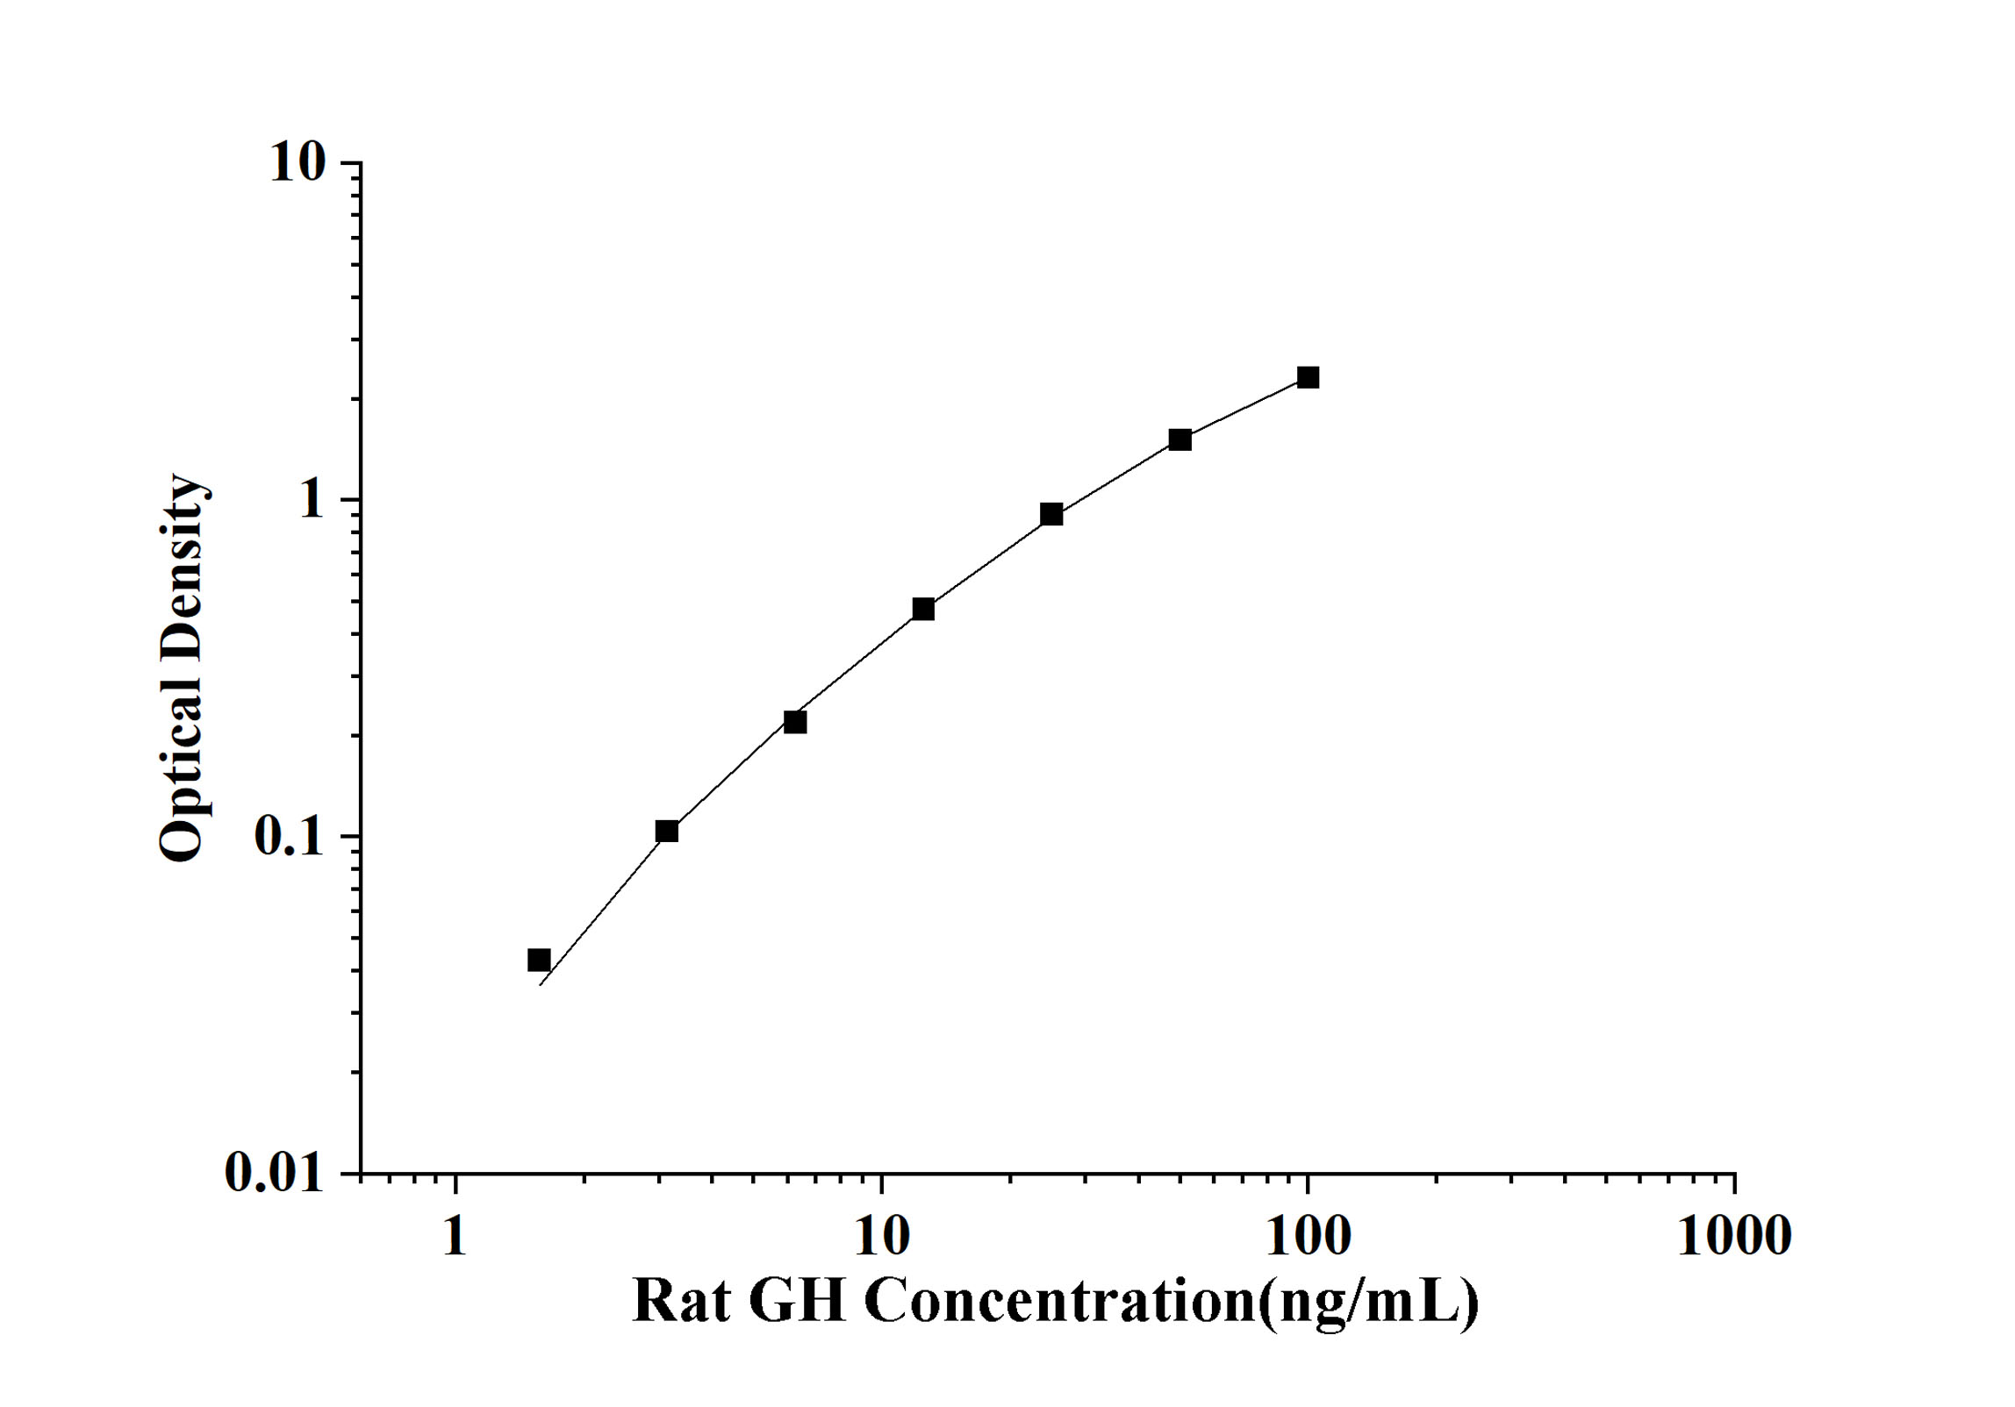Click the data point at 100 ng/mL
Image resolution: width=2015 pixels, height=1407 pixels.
1308,378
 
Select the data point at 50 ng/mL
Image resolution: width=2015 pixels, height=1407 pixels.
1180,439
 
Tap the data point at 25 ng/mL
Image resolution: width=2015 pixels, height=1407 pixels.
1051,514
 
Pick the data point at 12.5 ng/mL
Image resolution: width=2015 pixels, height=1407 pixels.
923,609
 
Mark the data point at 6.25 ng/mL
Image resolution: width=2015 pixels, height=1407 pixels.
795,722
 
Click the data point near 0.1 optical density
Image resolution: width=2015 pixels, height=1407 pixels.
667,831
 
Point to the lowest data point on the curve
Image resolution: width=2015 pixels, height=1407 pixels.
539,961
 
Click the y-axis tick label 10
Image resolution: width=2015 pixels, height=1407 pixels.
297,163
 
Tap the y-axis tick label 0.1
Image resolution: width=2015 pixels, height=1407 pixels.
289,837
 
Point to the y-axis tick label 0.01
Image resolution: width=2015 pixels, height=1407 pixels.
274,1172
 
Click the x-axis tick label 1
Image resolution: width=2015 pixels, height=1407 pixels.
455,1237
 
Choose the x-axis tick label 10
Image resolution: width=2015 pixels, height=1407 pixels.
881,1237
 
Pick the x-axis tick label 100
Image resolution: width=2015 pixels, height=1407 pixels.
1308,1237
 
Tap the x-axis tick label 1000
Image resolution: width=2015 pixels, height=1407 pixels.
1734,1237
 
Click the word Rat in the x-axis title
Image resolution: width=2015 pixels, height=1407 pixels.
682,1302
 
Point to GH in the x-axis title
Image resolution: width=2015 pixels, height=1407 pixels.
797,1302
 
